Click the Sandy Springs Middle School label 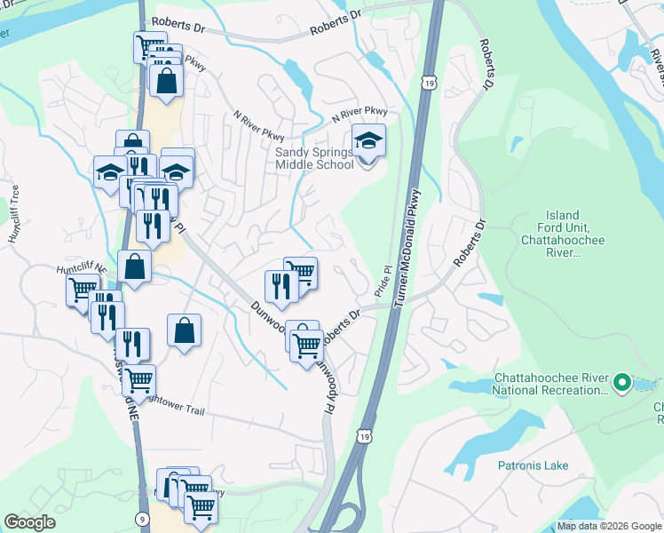pos(314,158)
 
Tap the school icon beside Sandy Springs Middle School pos(368,141)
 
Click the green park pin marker pos(622,384)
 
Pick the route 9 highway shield pos(143,519)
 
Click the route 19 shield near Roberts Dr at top pos(429,82)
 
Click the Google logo pos(29,522)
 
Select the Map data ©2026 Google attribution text pos(610,526)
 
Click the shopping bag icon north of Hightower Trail pos(183,331)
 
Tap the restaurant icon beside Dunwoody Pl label pos(279,286)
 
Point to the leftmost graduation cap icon pos(109,171)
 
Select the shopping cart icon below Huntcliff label pos(83,289)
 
